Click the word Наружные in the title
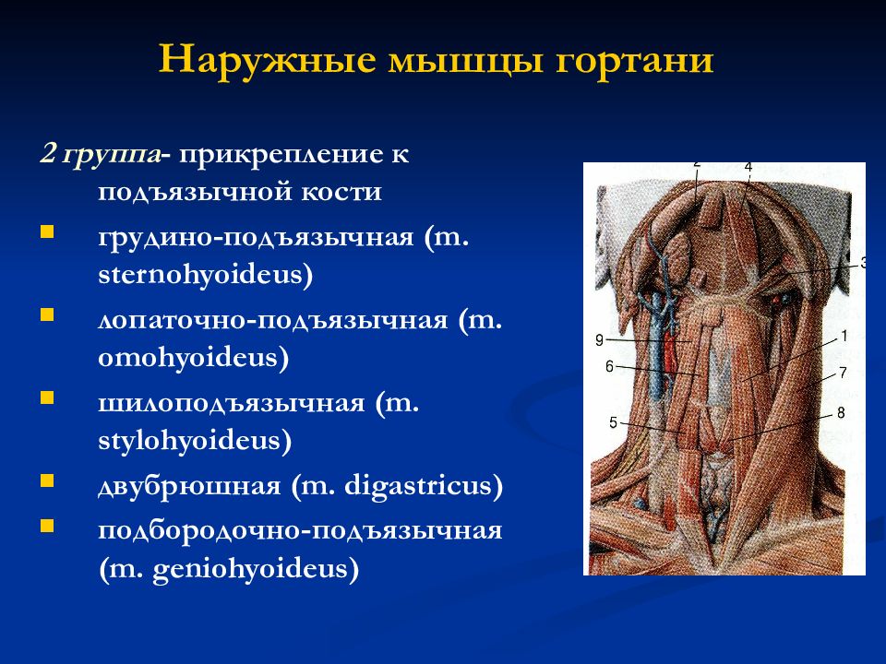point(268,60)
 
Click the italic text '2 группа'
point(100,154)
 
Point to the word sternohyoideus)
point(206,275)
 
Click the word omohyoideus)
point(193,358)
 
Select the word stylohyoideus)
point(195,441)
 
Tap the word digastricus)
point(424,486)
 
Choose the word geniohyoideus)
point(256,569)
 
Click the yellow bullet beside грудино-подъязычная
point(47,232)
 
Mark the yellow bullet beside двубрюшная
point(47,481)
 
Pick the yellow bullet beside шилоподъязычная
point(47,398)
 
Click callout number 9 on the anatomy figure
point(600,340)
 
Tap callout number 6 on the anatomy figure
point(609,367)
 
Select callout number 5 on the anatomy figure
point(613,422)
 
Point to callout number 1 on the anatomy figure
point(844,337)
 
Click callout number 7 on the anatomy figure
point(843,373)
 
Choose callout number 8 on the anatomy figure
point(841,413)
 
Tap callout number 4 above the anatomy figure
point(748,167)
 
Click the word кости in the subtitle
point(341,192)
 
